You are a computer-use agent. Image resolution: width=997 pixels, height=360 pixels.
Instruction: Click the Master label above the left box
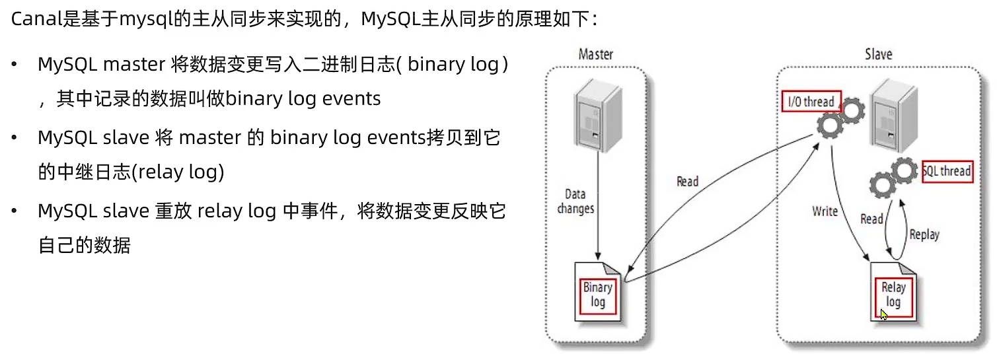click(595, 54)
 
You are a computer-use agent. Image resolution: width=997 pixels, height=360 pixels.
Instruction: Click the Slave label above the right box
click(878, 54)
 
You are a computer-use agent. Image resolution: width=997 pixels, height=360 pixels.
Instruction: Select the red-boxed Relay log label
click(893, 295)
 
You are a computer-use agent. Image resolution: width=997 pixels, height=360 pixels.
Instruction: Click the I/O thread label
click(811, 102)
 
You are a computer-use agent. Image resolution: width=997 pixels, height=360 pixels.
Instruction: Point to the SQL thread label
click(947, 171)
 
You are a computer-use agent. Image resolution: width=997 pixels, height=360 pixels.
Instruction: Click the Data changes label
click(575, 201)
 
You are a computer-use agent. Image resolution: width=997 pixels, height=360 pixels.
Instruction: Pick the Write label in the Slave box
click(825, 211)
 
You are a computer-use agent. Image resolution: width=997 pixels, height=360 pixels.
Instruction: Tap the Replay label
click(924, 234)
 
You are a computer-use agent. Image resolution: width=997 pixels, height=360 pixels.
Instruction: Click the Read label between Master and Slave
click(687, 181)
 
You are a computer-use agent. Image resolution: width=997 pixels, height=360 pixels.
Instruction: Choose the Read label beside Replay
click(871, 219)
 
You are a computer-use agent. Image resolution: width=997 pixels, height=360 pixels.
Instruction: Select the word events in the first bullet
click(351, 99)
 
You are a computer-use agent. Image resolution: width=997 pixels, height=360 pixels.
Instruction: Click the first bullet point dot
click(15, 65)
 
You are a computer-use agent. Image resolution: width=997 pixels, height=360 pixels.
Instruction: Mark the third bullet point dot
click(15, 211)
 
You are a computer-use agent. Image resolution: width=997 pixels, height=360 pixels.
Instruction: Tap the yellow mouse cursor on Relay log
click(884, 314)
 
